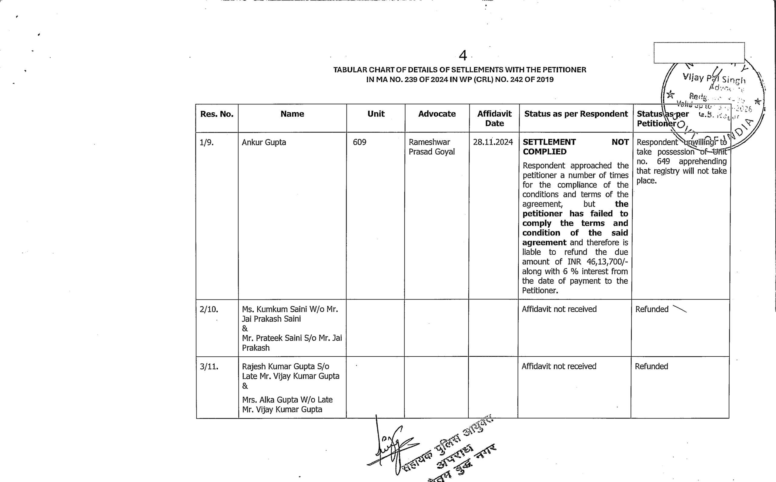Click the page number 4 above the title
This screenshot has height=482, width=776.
pyautogui.click(x=463, y=56)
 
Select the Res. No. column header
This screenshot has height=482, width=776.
pyautogui.click(x=217, y=114)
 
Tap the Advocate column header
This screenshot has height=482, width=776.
pyautogui.click(x=437, y=114)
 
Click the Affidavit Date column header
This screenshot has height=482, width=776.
pyautogui.click(x=494, y=119)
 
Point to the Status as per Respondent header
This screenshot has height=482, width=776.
pyautogui.click(x=576, y=114)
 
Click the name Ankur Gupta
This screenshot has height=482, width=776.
pyautogui.click(x=264, y=143)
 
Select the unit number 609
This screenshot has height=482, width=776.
pyautogui.click(x=360, y=143)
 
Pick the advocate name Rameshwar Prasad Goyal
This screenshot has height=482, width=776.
pyautogui.click(x=431, y=147)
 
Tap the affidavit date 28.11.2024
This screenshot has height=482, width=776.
pyautogui.click(x=493, y=142)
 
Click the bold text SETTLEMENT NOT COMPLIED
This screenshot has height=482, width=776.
pyautogui.click(x=576, y=147)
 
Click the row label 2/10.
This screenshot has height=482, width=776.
pyautogui.click(x=209, y=309)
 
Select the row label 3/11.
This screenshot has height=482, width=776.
pyautogui.click(x=209, y=367)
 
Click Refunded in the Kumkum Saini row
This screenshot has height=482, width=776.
pyautogui.click(x=651, y=309)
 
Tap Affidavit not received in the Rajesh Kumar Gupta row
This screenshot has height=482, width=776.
pyautogui.click(x=559, y=367)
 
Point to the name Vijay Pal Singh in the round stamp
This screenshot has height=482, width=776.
pyautogui.click(x=714, y=78)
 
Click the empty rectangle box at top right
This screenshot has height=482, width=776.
pyautogui.click(x=699, y=53)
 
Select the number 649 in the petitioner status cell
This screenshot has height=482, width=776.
pyautogui.click(x=663, y=162)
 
